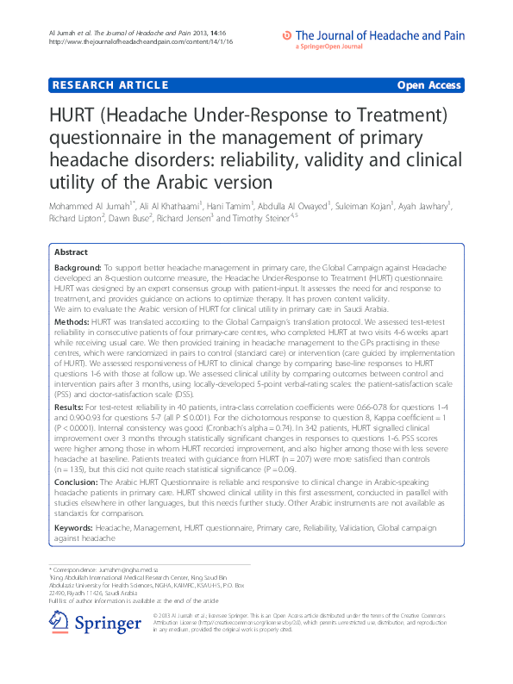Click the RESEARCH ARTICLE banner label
click(x=109, y=85)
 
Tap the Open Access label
click(x=429, y=85)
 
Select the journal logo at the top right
click(x=373, y=37)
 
